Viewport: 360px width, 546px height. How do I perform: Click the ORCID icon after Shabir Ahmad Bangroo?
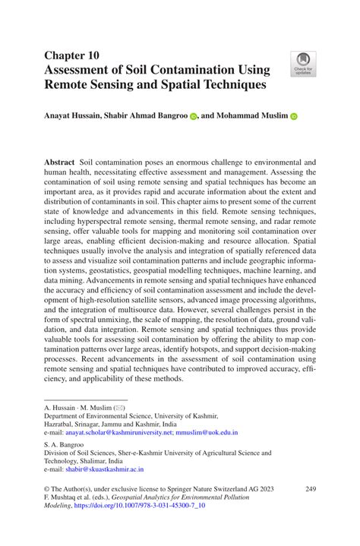193,117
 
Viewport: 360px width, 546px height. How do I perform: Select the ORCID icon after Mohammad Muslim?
294,117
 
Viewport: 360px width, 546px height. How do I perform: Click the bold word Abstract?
59,163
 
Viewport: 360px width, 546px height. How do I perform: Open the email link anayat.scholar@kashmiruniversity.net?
130,432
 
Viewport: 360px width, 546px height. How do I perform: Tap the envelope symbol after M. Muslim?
119,408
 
